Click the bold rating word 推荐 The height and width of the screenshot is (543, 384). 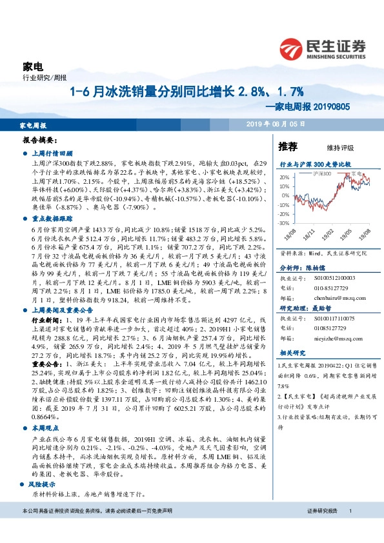[288, 146]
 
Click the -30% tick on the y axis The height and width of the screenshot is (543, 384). [284, 222]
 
